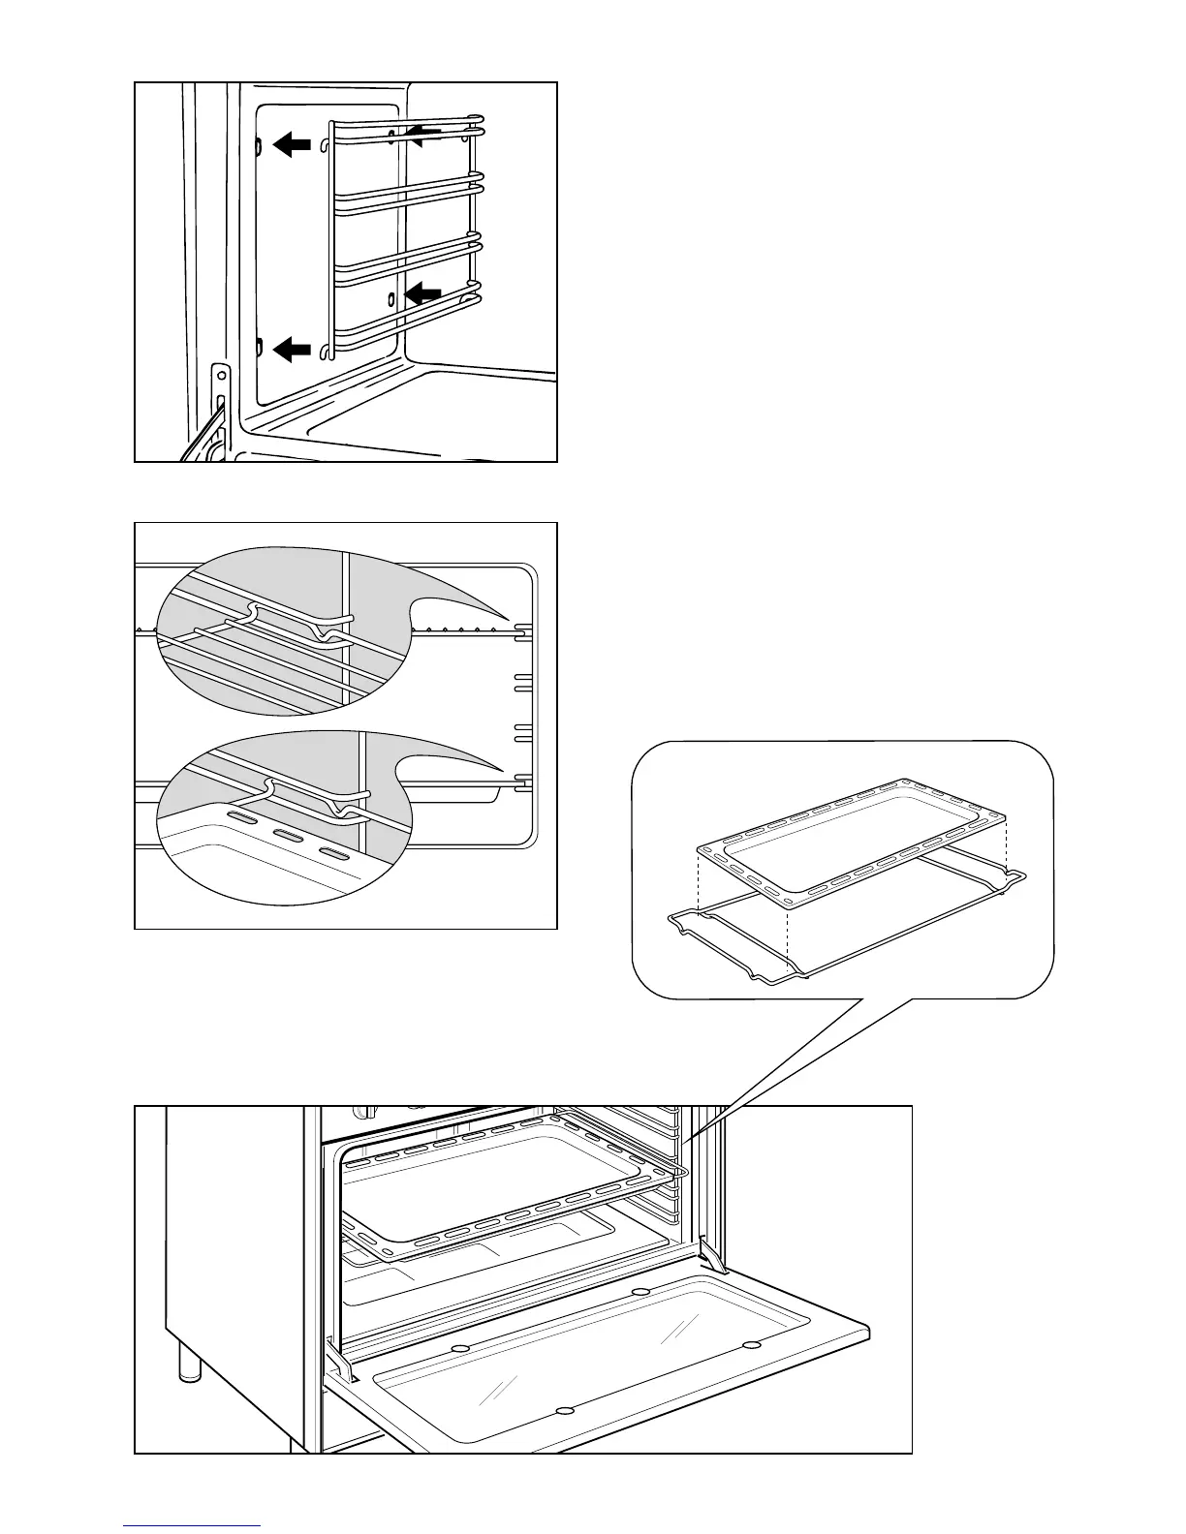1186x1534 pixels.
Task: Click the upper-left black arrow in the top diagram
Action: (293, 145)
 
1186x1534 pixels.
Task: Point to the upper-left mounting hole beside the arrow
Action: (259, 144)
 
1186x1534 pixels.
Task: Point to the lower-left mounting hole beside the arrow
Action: (259, 346)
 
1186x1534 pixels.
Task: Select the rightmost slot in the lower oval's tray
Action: (332, 854)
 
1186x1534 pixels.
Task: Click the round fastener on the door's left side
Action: (461, 1349)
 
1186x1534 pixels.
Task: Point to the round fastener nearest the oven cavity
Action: (640, 1292)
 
